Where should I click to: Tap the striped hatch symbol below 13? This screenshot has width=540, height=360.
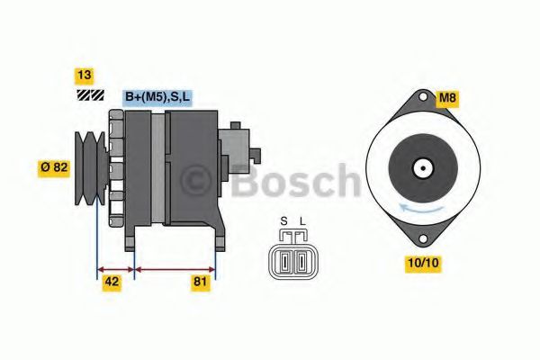[x=89, y=94]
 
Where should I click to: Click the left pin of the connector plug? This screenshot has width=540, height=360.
[x=284, y=261]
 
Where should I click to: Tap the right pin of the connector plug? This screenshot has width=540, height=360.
[x=298, y=261]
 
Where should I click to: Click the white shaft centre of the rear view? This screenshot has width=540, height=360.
[x=420, y=168]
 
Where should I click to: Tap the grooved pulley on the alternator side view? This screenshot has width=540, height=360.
[x=91, y=167]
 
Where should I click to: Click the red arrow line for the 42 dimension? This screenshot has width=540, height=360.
[x=115, y=267]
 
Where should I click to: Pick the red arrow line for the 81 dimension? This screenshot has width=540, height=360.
[x=175, y=267]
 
